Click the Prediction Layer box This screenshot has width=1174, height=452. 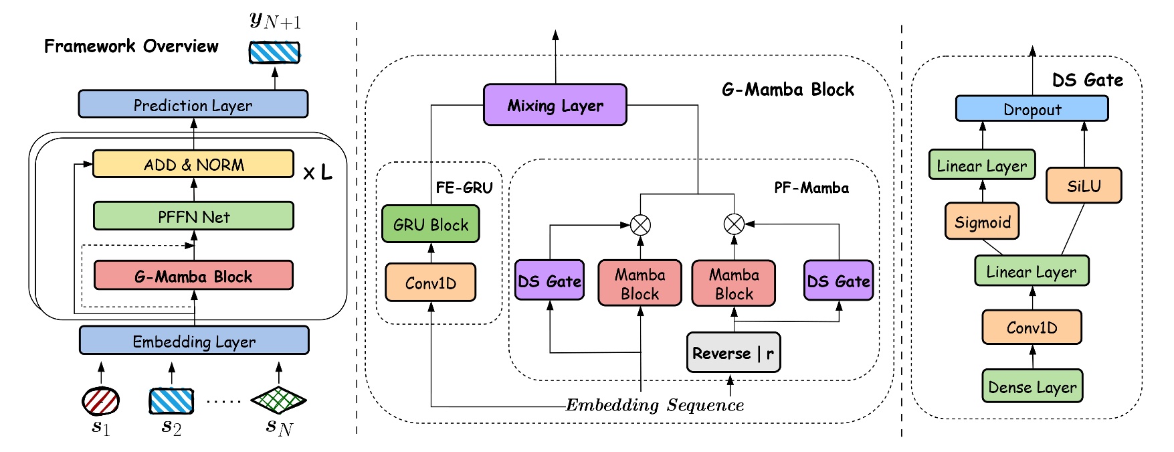coord(193,104)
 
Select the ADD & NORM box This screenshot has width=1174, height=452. coord(193,164)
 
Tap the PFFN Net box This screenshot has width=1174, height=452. coord(193,216)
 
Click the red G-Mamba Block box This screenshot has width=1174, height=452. coord(193,276)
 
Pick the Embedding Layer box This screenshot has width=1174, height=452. coord(193,341)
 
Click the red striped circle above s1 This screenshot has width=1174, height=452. coord(100,401)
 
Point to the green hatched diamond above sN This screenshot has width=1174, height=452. coord(278,400)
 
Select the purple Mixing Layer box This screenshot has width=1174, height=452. coord(555,105)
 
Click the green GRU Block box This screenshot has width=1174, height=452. coord(430,225)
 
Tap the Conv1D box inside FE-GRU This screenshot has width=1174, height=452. coord(430,283)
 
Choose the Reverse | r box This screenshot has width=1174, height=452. coord(733,353)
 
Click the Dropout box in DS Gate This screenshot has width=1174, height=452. coord(1032,109)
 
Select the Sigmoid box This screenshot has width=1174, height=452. coord(981,222)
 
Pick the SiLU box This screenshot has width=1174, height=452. coord(1083,185)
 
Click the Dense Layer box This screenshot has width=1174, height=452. coord(1032,386)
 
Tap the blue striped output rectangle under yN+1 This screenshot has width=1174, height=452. coord(274,52)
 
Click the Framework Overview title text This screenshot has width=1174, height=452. coord(131,46)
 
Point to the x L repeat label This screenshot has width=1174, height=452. coord(317,173)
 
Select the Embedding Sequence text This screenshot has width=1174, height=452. coord(654,405)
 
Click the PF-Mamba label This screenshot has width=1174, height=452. coord(811,188)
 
